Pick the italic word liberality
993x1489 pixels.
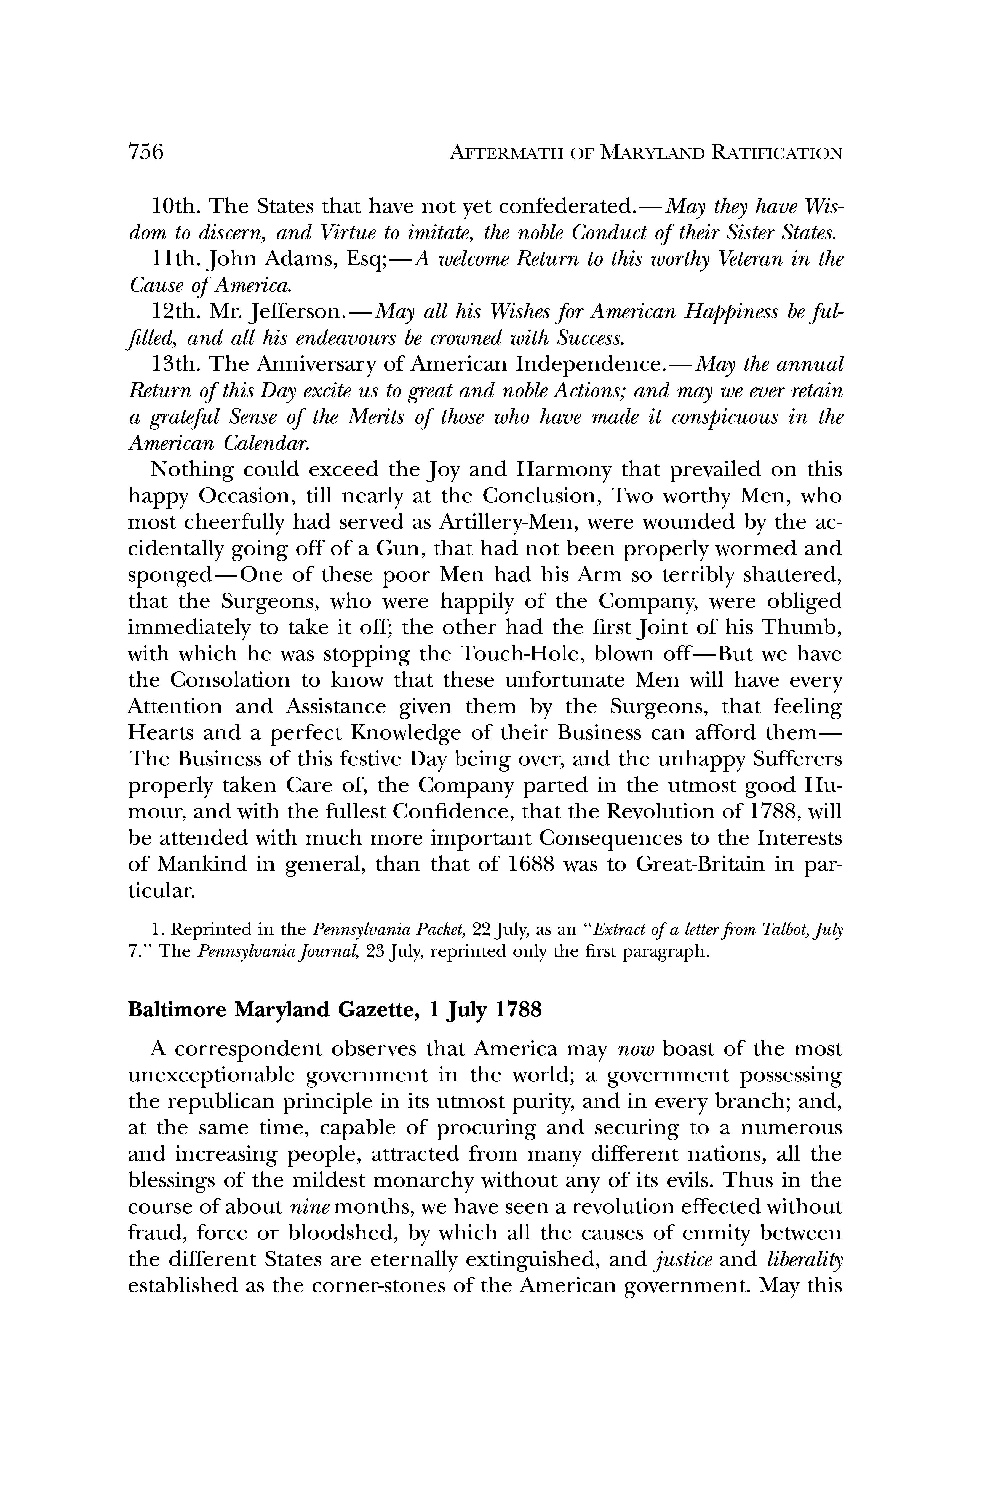(804, 1260)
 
